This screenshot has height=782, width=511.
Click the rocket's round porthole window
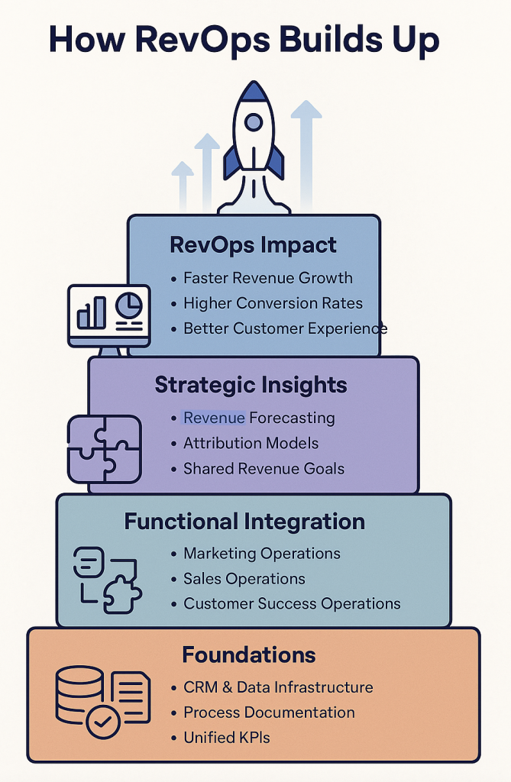tap(254, 121)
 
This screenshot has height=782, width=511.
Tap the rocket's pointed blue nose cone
tap(254, 92)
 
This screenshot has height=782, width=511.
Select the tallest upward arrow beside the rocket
tap(306, 154)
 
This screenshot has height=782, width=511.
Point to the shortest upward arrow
tap(183, 186)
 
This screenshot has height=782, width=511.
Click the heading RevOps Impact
tap(253, 245)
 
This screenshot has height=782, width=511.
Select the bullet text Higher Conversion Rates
tap(273, 303)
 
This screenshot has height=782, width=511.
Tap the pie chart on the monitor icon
tap(129, 305)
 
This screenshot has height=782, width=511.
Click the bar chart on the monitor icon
tap(92, 312)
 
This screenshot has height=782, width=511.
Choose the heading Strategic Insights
tap(251, 385)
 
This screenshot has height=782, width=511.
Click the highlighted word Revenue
tap(214, 418)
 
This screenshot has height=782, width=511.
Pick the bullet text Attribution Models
tap(251, 443)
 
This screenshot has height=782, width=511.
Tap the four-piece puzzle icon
tap(105, 449)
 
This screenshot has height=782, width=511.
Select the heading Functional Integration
tap(244, 522)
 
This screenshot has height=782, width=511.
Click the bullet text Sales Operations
tap(244, 579)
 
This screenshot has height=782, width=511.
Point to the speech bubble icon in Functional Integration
tap(89, 562)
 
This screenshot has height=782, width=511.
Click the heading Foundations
tap(249, 654)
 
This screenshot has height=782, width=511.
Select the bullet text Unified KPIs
tap(227, 738)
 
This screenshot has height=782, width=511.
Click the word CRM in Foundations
tap(200, 687)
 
